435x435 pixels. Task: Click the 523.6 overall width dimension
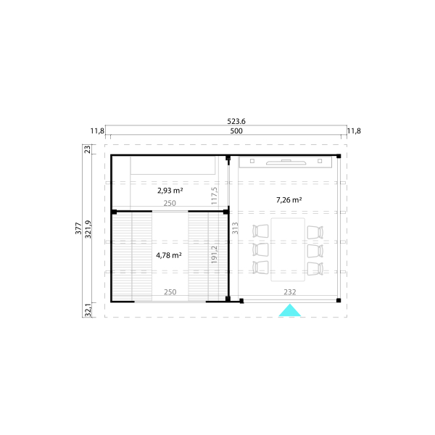pos(236,121)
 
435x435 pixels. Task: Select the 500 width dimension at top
pos(236,131)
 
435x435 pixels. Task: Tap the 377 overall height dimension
pos(78,228)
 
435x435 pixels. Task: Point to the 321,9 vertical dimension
pos(88,229)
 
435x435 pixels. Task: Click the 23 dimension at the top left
pos(88,149)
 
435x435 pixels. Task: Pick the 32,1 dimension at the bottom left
pos(88,310)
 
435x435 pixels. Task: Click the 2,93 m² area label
pos(170,191)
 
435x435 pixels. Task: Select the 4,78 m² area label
pos(169,255)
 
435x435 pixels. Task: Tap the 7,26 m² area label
pos(289,200)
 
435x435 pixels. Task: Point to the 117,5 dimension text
pos(214,196)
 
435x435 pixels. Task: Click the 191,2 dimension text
pos(214,254)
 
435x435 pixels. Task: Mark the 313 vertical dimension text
pos(235,228)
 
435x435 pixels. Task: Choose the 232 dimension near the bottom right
pos(289,292)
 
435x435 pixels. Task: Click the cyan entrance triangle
pos(289,312)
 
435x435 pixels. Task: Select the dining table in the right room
pos(288,249)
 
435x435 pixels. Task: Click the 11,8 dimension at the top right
pos(354,131)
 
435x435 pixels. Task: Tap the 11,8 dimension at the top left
pos(97,131)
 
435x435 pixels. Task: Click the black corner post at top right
pos(339,156)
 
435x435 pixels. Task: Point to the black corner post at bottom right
pos(339,300)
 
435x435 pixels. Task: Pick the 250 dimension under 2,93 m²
pos(170,203)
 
